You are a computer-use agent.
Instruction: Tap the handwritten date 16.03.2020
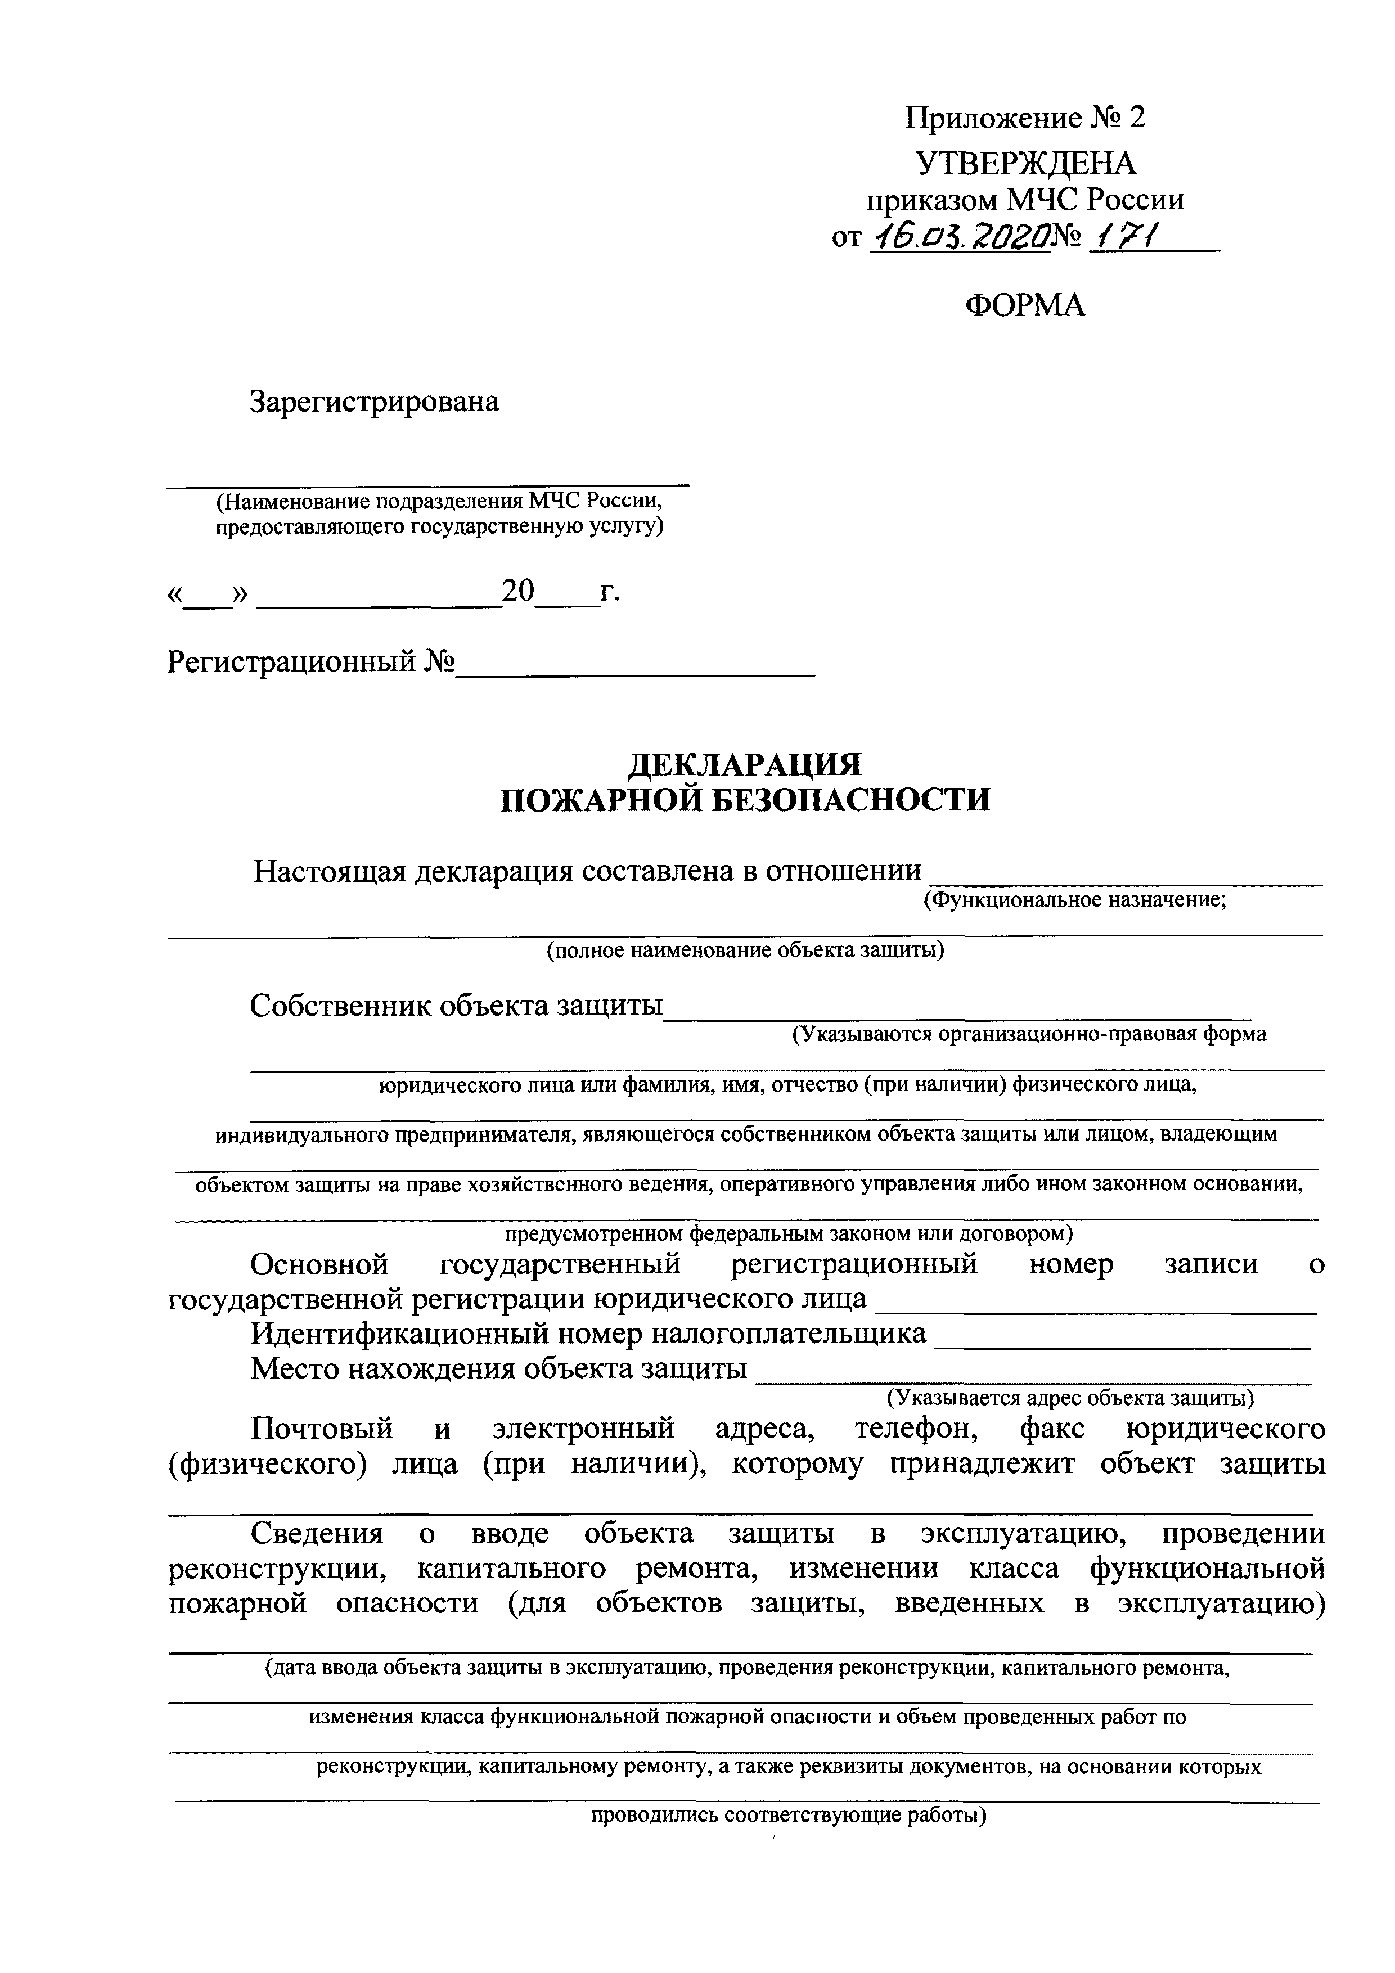(960, 236)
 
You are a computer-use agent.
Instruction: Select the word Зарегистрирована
(374, 402)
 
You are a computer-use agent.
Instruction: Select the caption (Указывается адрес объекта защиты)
(1070, 1398)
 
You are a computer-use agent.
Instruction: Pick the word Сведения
(316, 1534)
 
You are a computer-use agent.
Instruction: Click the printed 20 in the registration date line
(518, 591)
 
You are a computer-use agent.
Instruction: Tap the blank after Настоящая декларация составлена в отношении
(1126, 875)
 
